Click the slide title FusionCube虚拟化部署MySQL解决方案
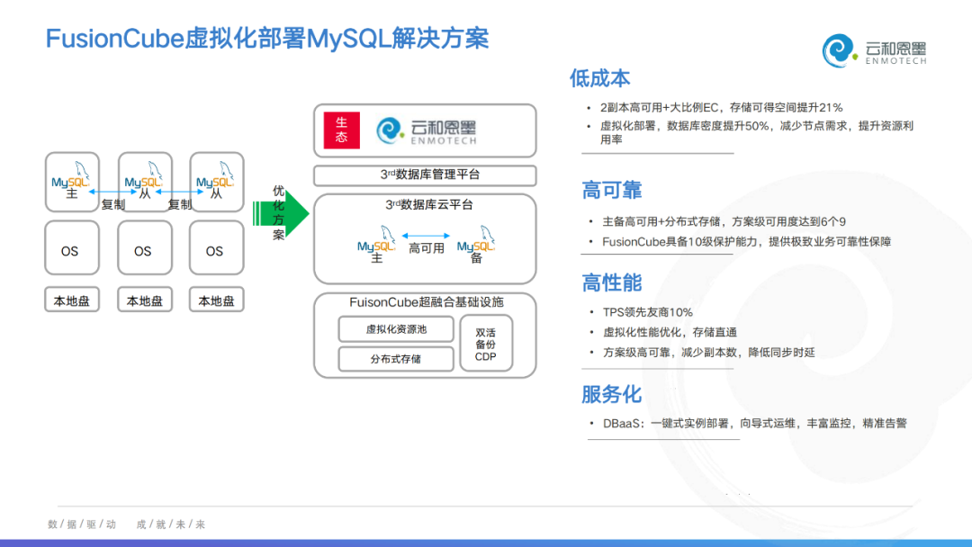pos(267,39)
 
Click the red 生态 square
pos(341,130)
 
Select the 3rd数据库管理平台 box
pos(425,175)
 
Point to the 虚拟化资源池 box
pos(396,329)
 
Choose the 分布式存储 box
pos(396,359)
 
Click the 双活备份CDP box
pos(485,344)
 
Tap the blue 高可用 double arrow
pos(426,237)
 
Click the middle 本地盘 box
pos(144,300)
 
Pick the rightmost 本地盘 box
pos(216,300)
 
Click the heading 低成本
pos(599,78)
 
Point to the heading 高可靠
pos(612,190)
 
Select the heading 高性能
pos(612,282)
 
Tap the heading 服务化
pos(612,394)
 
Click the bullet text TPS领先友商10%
pos(648,312)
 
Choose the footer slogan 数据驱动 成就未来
pos(127,524)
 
